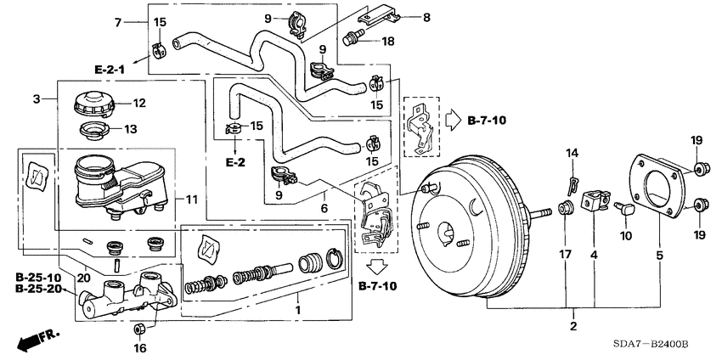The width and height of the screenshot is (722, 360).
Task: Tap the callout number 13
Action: (x=130, y=130)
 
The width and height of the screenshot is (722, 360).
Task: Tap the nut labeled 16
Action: (x=141, y=329)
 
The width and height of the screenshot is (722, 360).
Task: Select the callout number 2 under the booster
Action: (x=573, y=326)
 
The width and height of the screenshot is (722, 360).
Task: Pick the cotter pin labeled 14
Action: (x=574, y=180)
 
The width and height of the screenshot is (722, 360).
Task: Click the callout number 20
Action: (x=82, y=277)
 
